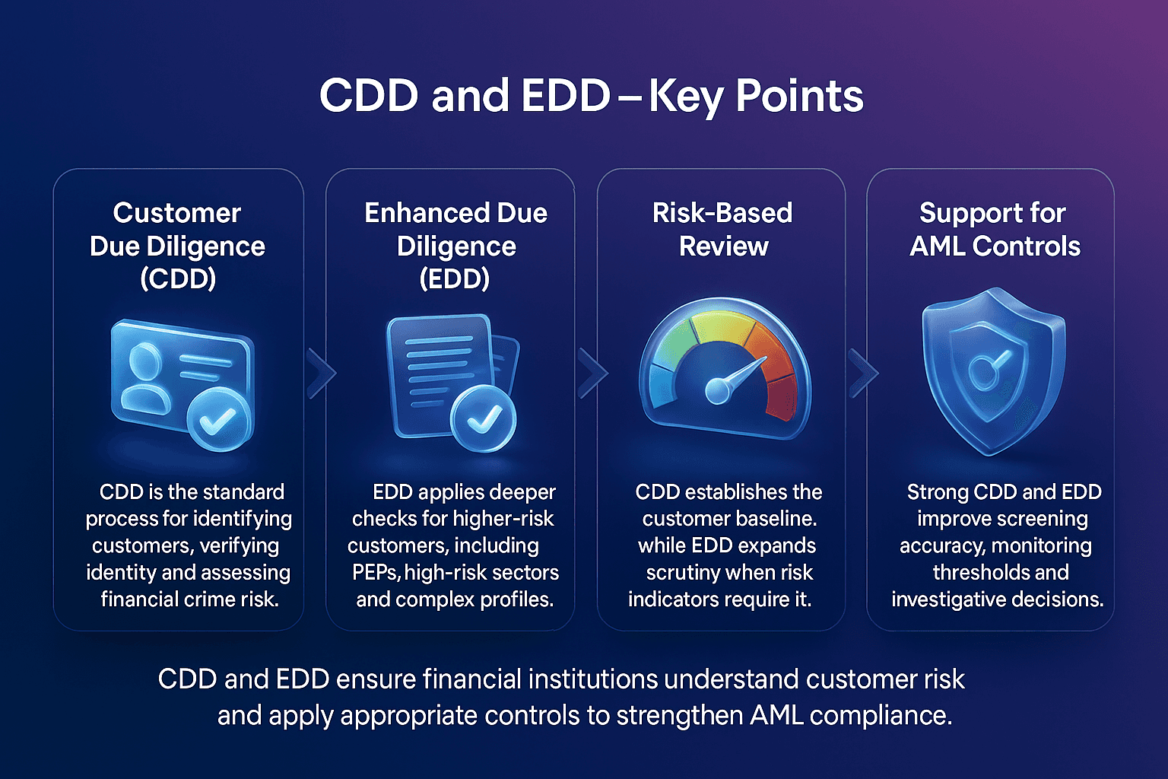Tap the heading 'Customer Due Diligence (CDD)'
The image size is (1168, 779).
[x=177, y=245]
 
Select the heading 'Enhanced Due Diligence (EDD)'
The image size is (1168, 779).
[x=455, y=245]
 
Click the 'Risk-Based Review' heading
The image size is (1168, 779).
[x=722, y=229]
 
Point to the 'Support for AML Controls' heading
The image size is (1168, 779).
[x=994, y=229]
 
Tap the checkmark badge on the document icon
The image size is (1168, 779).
[x=483, y=418]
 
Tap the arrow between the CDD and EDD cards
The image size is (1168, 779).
[x=322, y=374]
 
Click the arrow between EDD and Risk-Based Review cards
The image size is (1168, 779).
[x=593, y=374]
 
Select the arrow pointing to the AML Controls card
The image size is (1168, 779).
[x=863, y=374]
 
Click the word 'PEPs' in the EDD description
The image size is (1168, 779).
[x=376, y=573]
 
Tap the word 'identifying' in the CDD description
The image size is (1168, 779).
[x=242, y=519]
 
